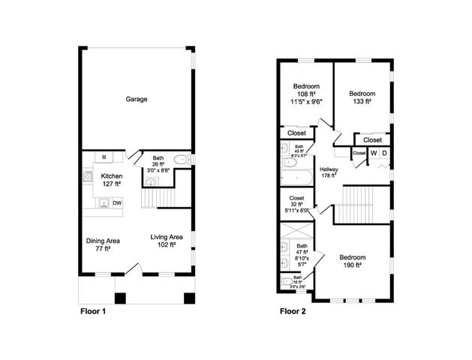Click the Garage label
coord(136,99)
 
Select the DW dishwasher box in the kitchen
coord(117,202)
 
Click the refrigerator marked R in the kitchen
coord(105,157)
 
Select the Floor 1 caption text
coord(98,310)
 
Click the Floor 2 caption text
coord(297,310)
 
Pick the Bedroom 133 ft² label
coord(362,97)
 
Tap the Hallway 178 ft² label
coord(329,172)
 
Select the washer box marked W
coord(373,154)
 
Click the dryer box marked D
coord(384,154)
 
